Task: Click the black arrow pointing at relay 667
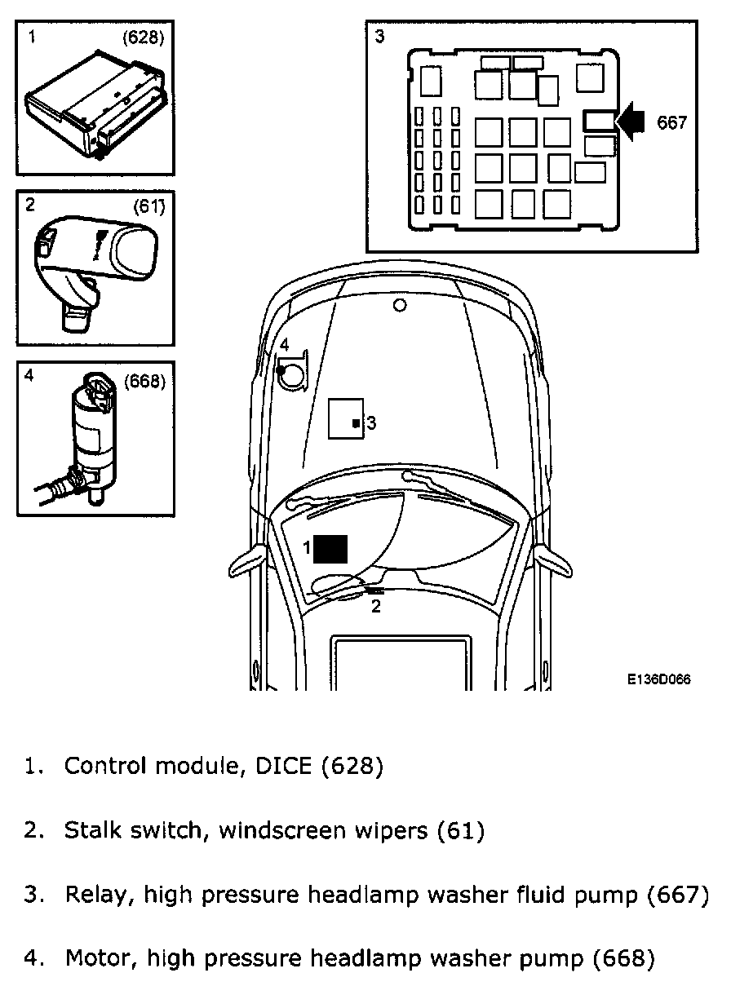[x=631, y=122]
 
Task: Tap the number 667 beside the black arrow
[x=672, y=122]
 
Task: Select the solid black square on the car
[x=331, y=549]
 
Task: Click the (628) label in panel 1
[x=144, y=37]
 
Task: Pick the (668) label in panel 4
[x=144, y=381]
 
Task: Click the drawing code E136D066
[x=659, y=679]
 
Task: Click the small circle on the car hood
[x=399, y=306]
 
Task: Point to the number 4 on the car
[x=284, y=345]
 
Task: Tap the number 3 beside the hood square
[x=371, y=422]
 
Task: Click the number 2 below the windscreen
[x=375, y=606]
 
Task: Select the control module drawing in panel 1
[x=96, y=106]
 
